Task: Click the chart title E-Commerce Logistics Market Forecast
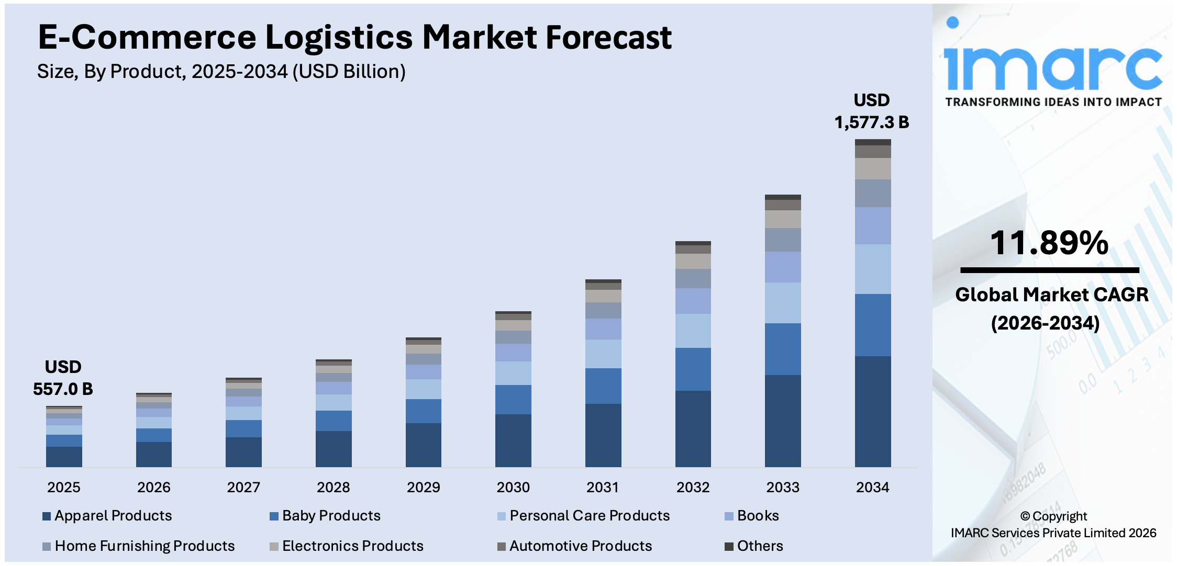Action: coord(354,38)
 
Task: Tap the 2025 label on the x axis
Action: coord(64,487)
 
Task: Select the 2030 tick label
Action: coord(513,487)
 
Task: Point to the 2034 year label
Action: coord(872,487)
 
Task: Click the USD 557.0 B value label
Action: coord(63,378)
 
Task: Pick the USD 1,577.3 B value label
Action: coord(872,111)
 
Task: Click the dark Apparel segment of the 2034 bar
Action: coord(872,411)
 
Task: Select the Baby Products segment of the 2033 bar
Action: coord(783,349)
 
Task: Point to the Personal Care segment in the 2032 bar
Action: coord(693,331)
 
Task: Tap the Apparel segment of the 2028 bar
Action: coord(334,449)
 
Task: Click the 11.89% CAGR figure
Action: coord(1049,243)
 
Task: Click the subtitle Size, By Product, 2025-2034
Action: coord(221,72)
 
